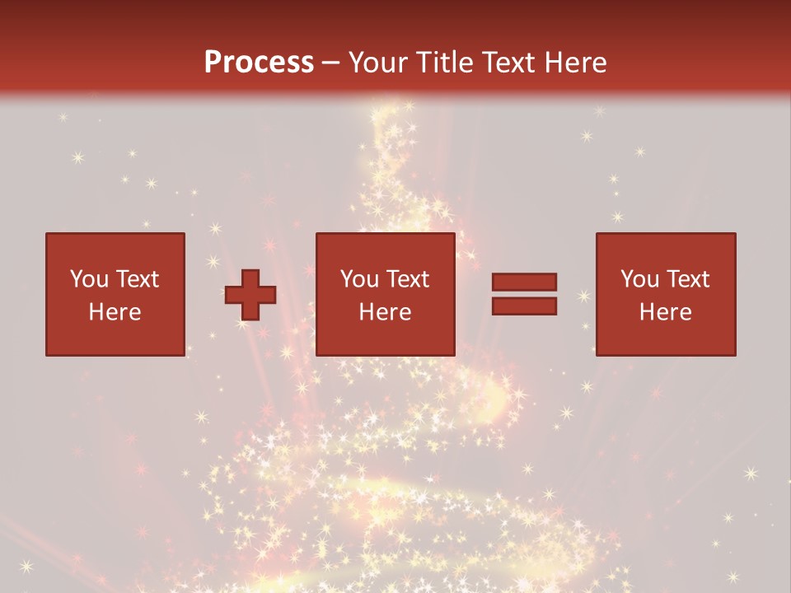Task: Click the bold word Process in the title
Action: (x=259, y=63)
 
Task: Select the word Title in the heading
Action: (x=445, y=63)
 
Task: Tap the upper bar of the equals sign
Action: (x=524, y=282)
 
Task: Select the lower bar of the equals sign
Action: (x=524, y=306)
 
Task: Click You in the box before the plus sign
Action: (x=88, y=279)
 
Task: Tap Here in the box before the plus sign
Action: (x=115, y=312)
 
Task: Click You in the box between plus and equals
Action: (x=359, y=279)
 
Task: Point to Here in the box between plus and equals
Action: (x=386, y=312)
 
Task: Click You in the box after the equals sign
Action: (x=639, y=279)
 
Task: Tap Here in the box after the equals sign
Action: (x=666, y=312)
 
